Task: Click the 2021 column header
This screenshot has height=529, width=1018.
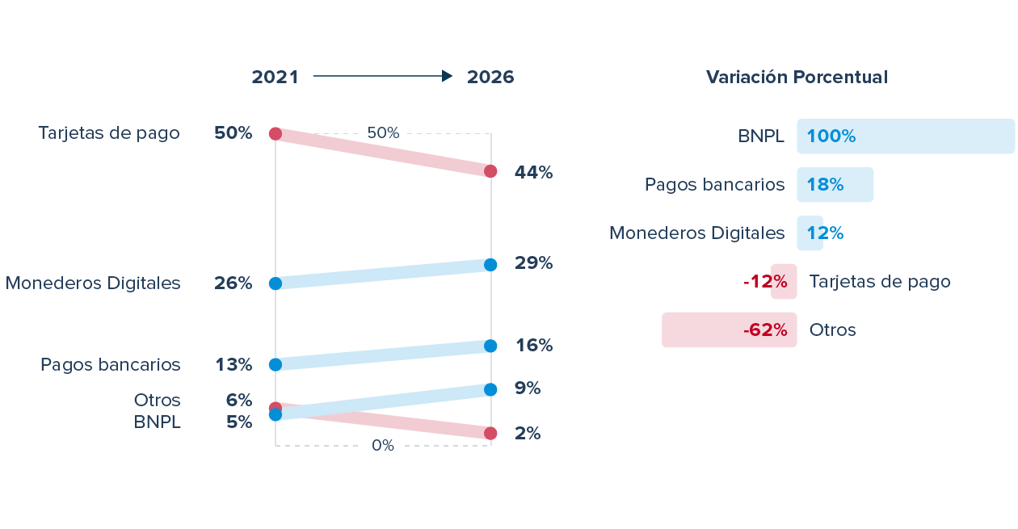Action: pyautogui.click(x=275, y=77)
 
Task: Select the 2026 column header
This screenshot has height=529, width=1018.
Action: pyautogui.click(x=490, y=77)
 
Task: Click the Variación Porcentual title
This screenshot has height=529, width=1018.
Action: pyautogui.click(x=797, y=77)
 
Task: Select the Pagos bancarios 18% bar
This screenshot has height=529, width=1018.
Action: pyautogui.click(x=835, y=185)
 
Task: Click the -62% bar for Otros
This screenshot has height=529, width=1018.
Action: pyautogui.click(x=729, y=330)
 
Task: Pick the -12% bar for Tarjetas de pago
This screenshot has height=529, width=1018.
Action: pyautogui.click(x=784, y=282)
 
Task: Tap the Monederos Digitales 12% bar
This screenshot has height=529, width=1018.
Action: pyautogui.click(x=810, y=233)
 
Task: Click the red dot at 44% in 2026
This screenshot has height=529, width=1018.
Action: pyautogui.click(x=491, y=171)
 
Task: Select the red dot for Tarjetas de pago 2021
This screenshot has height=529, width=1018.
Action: pyautogui.click(x=275, y=133)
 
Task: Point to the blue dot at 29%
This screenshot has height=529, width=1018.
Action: pyautogui.click(x=491, y=265)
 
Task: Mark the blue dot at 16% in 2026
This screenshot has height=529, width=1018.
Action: pyautogui.click(x=491, y=346)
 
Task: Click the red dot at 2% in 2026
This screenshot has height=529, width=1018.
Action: pyautogui.click(x=491, y=434)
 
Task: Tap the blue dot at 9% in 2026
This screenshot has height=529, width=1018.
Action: pyautogui.click(x=491, y=390)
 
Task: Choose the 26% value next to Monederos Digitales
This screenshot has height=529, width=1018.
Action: pyautogui.click(x=233, y=283)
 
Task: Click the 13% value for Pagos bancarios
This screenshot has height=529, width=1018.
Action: pyautogui.click(x=233, y=365)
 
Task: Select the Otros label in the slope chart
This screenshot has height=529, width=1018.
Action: pyautogui.click(x=158, y=401)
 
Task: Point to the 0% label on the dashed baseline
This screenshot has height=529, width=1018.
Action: pyautogui.click(x=383, y=445)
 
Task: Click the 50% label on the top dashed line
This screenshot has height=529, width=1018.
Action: pyautogui.click(x=383, y=133)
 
